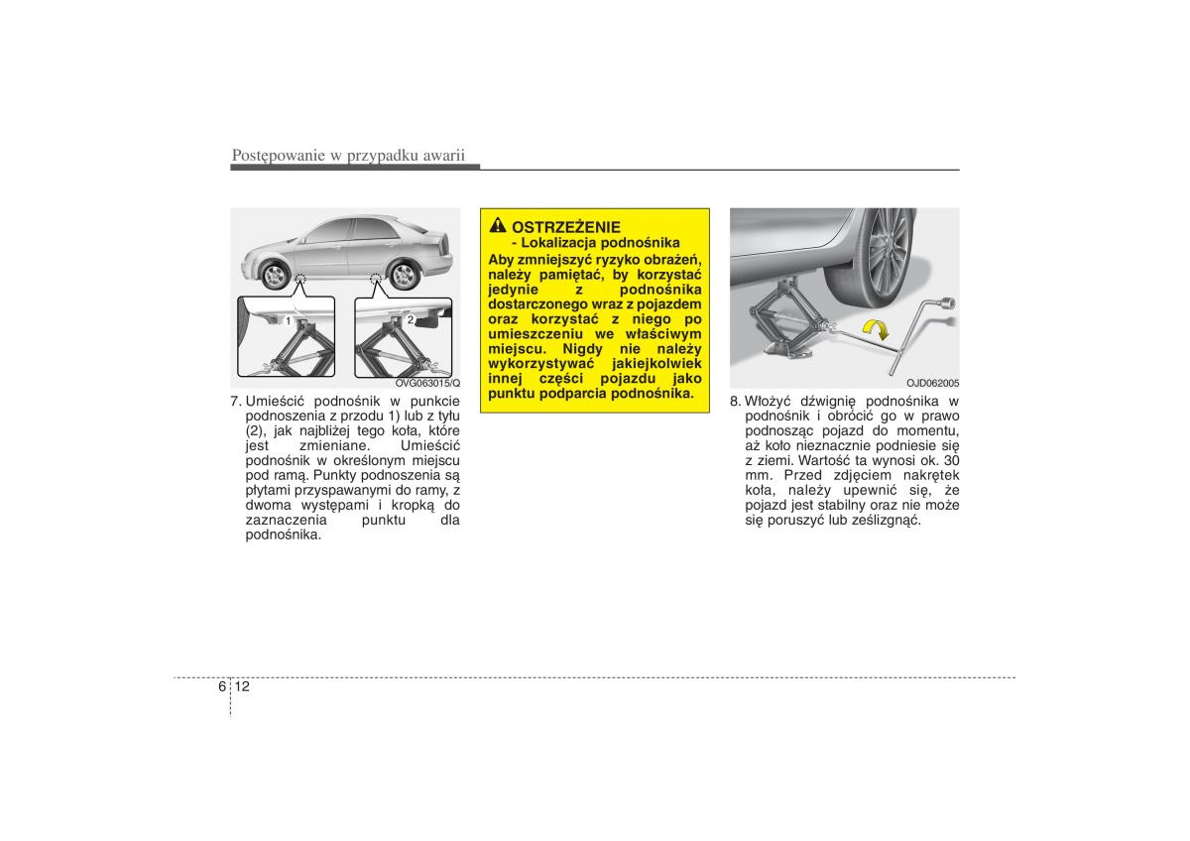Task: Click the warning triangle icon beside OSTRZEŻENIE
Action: coord(498,225)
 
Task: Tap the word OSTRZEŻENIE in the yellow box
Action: coord(566,227)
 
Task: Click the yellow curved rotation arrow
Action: coord(876,328)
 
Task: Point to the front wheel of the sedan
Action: coord(275,276)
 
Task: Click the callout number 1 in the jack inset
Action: coord(288,321)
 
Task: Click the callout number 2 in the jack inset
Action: coord(411,319)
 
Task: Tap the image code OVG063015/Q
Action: coord(427,383)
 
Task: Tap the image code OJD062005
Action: coord(933,383)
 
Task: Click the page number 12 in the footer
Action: coord(242,686)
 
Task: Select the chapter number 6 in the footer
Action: coord(221,686)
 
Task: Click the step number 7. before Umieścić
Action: coord(236,401)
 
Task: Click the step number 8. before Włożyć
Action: coord(735,401)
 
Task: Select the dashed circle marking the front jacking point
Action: coord(300,279)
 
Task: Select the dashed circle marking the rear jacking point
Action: coord(376,278)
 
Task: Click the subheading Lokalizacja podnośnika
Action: coord(595,243)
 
